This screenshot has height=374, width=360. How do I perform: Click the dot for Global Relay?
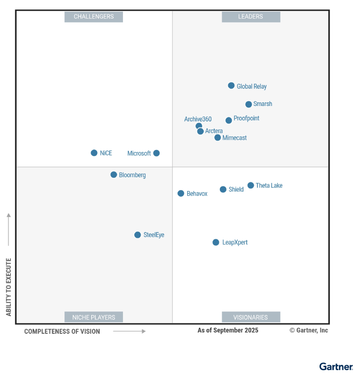[231, 86]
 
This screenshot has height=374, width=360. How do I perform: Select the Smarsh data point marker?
[248, 104]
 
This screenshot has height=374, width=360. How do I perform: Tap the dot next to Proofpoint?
[229, 120]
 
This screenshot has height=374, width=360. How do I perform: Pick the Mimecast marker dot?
[218, 138]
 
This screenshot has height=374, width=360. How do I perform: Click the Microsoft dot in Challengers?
[156, 153]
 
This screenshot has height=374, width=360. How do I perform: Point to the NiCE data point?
[94, 153]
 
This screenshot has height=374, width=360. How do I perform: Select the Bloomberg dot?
[114, 175]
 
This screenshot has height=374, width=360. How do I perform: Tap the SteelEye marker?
[137, 235]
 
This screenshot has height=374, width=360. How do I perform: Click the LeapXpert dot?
[216, 242]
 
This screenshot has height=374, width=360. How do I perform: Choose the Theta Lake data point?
[251, 185]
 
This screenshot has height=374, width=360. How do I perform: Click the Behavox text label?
[197, 194]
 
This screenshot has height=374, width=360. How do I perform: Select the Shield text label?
[236, 190]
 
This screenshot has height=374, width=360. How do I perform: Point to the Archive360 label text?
[198, 119]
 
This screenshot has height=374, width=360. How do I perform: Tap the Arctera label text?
[214, 131]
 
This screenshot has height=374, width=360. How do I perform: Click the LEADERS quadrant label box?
[251, 17]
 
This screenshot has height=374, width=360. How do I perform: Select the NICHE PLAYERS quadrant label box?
[94, 317]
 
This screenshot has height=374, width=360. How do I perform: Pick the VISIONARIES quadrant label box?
[251, 317]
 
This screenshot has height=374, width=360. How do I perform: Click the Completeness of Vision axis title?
[62, 332]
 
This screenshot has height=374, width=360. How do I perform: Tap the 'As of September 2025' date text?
[228, 330]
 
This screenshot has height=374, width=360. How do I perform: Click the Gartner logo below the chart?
[336, 367]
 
